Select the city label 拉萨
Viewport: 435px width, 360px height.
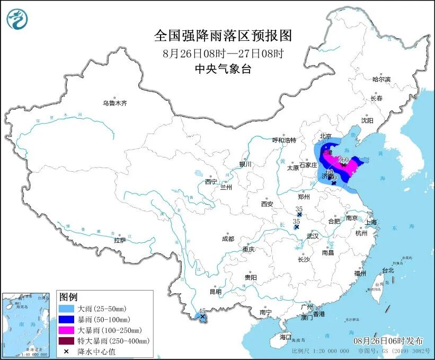(120, 240)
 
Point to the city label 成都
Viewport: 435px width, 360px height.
(228, 239)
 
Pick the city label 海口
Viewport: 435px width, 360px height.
(286, 337)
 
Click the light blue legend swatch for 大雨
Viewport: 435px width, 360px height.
(66, 309)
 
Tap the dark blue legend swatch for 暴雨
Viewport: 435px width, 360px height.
(66, 319)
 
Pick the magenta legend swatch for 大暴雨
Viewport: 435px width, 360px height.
(66, 330)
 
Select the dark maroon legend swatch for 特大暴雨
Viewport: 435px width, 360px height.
(66, 340)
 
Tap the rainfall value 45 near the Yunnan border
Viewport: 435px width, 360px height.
(201, 311)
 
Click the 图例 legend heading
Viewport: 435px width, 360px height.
(68, 296)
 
